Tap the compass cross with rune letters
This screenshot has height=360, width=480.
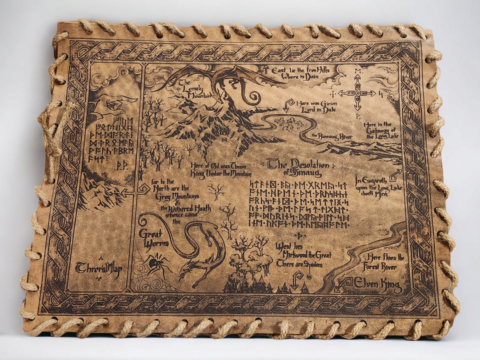click(357, 93)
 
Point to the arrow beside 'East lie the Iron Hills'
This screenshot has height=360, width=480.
click(265, 69)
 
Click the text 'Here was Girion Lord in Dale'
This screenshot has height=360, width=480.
click(315, 105)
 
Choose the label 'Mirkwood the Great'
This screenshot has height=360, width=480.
click(304, 256)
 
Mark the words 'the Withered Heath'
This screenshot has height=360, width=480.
click(186, 209)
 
